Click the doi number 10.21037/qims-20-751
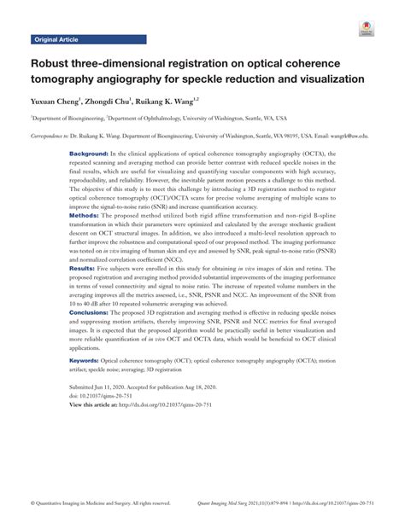pyautogui.click(x=111, y=395)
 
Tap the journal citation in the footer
pyautogui.click(x=291, y=503)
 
